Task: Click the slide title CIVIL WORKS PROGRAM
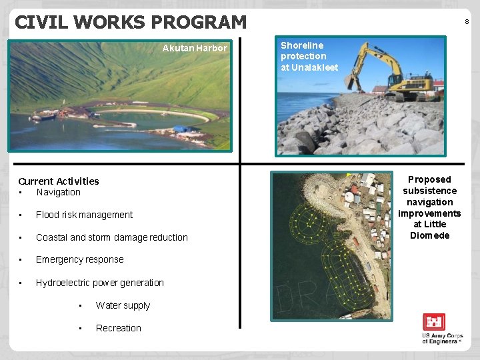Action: point(131,22)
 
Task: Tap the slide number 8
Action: point(467,22)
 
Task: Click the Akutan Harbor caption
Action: point(195,48)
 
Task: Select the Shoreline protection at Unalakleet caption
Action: point(309,57)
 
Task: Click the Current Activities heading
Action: point(59,181)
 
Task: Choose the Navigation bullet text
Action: point(58,192)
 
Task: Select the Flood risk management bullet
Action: point(84,215)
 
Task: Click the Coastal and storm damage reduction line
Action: point(111,237)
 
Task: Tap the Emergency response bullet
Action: point(79,259)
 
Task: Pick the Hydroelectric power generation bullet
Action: point(99,283)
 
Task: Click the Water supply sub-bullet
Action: point(123,305)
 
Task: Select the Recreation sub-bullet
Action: point(118,328)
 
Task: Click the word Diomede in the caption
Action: point(429,235)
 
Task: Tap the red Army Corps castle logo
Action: point(434,323)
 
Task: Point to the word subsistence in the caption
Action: point(429,191)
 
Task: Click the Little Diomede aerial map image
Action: point(332,245)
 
